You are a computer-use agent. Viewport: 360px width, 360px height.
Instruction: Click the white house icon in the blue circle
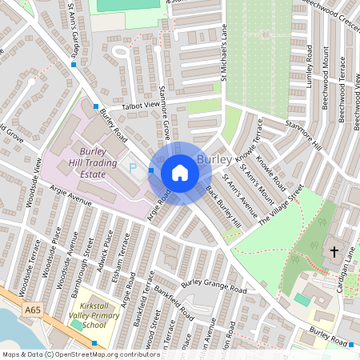[x=180, y=173]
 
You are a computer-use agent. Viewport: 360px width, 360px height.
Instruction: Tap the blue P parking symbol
[x=134, y=167]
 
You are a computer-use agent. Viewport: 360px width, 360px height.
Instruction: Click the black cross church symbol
[x=334, y=253]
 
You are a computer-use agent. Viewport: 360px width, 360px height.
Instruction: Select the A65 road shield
[x=33, y=310]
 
